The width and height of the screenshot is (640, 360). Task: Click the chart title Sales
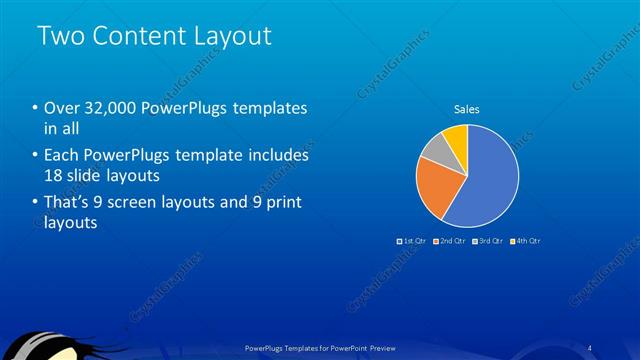pyautogui.click(x=467, y=109)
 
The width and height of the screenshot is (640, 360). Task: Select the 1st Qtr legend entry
pyautogui.click(x=414, y=241)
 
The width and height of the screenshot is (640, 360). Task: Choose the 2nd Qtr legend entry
pyautogui.click(x=451, y=241)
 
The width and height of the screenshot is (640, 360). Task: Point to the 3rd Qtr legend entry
pyautogui.click(x=488, y=241)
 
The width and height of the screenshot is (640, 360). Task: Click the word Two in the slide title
pyautogui.click(x=61, y=36)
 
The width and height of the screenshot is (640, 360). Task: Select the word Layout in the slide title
pyautogui.click(x=234, y=36)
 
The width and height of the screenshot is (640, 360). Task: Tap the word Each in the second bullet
pyautogui.click(x=63, y=156)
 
